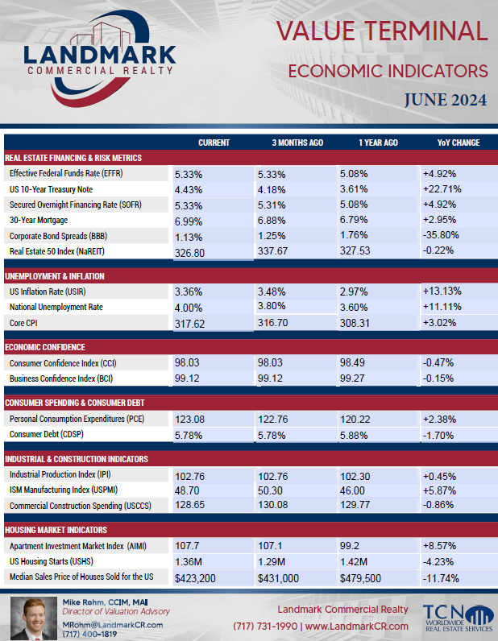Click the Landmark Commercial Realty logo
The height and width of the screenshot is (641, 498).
pos(99,60)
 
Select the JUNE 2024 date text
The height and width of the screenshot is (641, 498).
pos(446,100)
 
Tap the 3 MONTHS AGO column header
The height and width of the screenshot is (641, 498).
pos(297,143)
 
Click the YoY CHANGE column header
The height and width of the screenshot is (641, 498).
pos(459,143)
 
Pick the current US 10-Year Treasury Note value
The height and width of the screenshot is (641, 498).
pos(189,190)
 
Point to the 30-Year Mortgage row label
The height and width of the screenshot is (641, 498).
pos(39,220)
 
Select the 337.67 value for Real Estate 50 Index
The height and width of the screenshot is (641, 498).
pos(273,251)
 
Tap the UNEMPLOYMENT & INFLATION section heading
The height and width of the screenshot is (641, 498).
pos(55,276)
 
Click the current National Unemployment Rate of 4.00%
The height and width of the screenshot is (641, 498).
pos(189,308)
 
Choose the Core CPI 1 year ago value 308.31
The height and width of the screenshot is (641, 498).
pos(355,324)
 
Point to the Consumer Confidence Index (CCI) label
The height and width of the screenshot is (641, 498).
pos(63,363)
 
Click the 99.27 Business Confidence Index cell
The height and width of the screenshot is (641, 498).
pos(352,378)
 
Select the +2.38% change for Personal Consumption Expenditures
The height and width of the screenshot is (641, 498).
pos(439,420)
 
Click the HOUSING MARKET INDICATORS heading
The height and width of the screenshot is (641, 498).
pos(56,530)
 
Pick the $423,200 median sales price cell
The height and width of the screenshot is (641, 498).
pos(195,578)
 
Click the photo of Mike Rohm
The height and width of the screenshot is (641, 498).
pos(34,618)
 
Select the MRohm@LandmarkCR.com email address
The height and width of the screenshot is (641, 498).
pos(113,625)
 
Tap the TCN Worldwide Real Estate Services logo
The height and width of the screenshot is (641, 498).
pos(459,618)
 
